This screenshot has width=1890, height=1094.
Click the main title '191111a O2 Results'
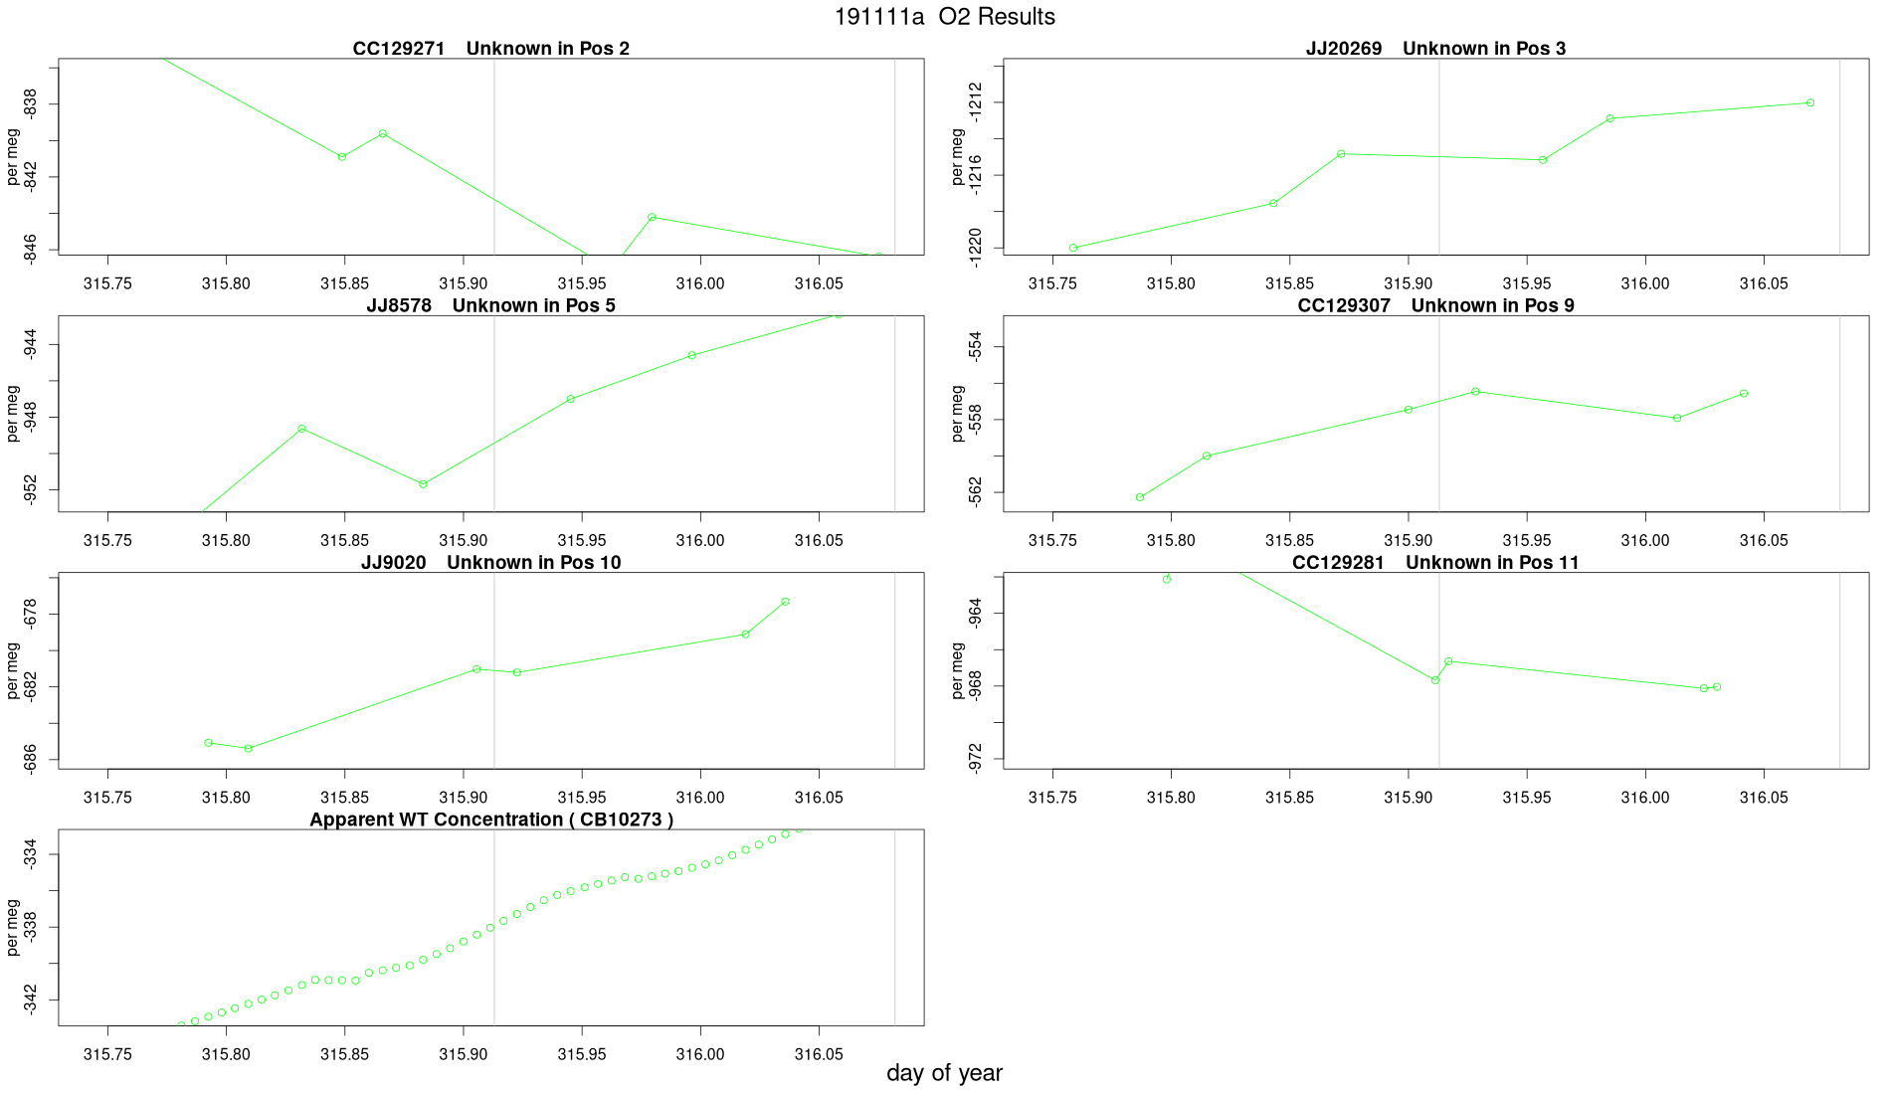click(x=944, y=17)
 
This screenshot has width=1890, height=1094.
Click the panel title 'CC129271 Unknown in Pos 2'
click(x=490, y=49)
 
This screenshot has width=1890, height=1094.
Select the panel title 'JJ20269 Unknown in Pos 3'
click(x=1435, y=49)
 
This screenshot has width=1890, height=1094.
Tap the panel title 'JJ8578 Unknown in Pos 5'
click(x=490, y=305)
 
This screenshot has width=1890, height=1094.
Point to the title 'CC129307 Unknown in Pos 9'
click(x=1435, y=305)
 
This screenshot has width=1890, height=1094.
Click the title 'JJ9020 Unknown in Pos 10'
click(x=490, y=563)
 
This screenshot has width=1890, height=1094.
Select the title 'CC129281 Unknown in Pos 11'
click(x=1435, y=563)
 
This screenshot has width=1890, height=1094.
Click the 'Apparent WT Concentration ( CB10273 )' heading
click(x=490, y=820)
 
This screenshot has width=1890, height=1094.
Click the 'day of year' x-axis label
click(x=944, y=1073)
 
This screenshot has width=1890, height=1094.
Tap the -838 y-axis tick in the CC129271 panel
click(x=30, y=104)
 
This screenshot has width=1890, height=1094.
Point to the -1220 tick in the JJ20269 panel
click(x=975, y=248)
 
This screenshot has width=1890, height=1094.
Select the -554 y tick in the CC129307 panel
click(x=975, y=347)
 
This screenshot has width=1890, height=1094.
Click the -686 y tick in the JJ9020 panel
click(x=30, y=760)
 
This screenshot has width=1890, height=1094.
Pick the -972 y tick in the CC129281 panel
click(x=975, y=760)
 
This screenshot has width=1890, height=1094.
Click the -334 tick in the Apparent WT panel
click(x=30, y=855)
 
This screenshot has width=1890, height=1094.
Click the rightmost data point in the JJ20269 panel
click(x=1810, y=102)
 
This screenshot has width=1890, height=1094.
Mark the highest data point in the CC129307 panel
click(x=1475, y=392)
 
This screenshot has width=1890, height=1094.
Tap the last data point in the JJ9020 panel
click(x=786, y=602)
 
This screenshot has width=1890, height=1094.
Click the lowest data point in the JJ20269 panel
click(x=1073, y=248)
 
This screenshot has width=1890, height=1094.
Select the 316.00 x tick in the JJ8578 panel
click(x=700, y=541)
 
